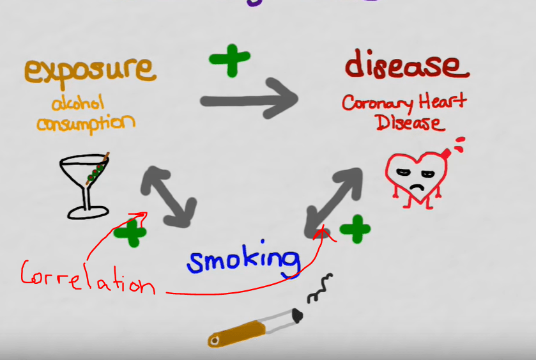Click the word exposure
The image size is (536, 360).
(90, 70)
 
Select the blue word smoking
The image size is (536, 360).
(243, 260)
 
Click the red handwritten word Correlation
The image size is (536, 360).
(87, 278)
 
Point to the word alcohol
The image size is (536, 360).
(77, 102)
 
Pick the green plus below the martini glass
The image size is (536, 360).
(130, 233)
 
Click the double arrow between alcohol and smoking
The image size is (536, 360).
(168, 194)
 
